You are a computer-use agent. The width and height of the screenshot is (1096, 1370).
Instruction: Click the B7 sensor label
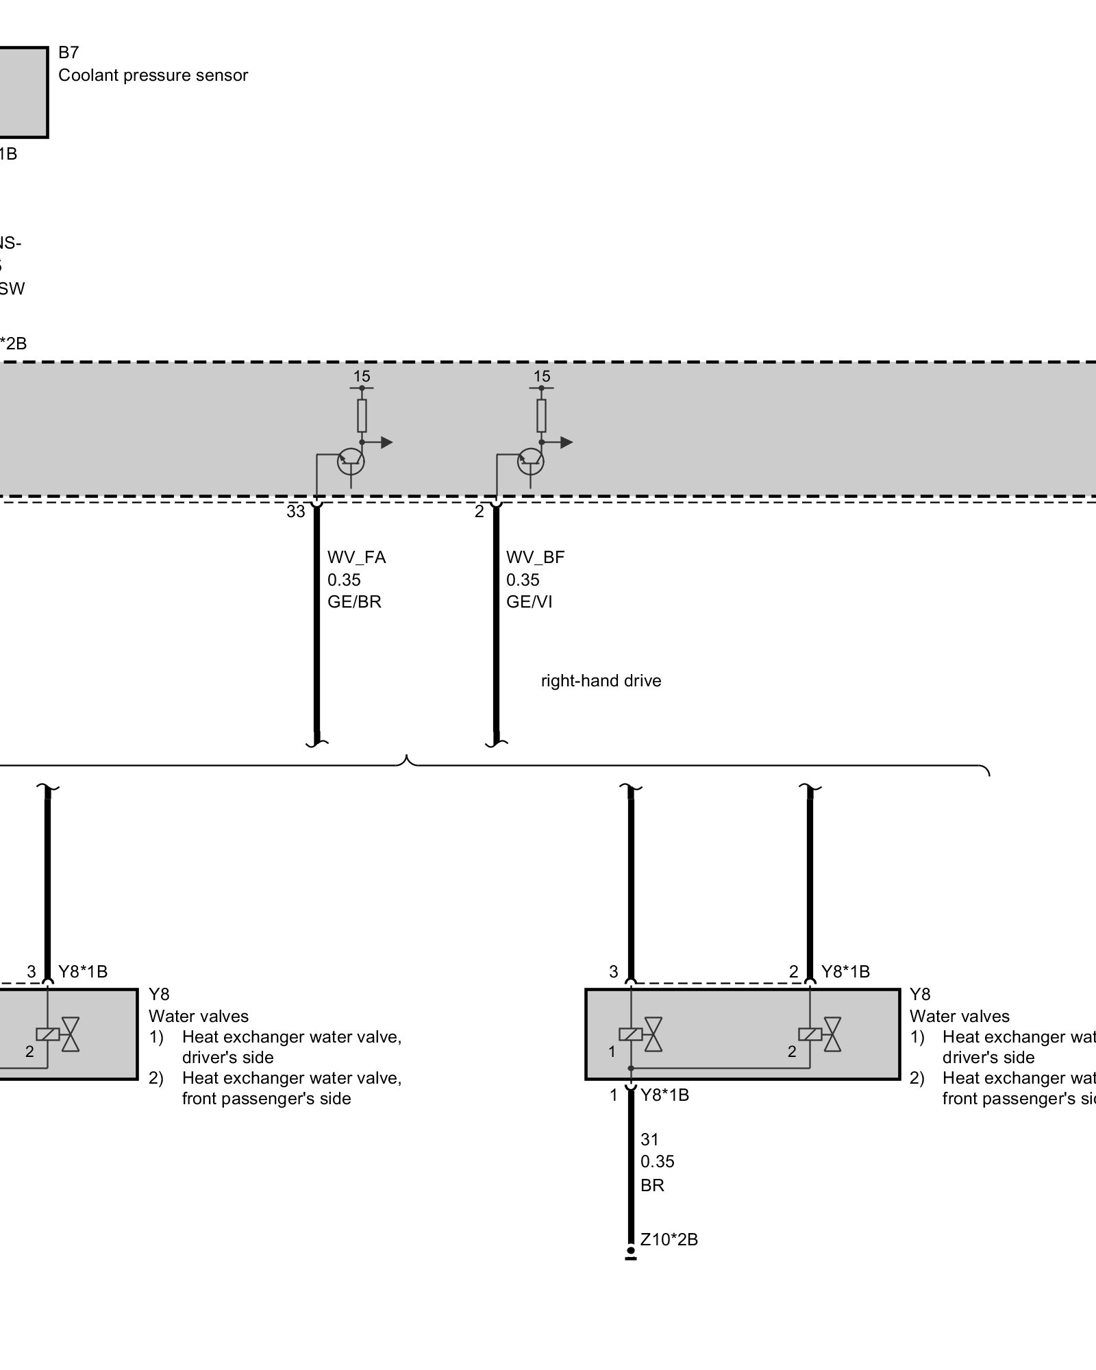(68, 53)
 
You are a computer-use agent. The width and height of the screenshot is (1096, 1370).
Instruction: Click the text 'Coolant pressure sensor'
(153, 75)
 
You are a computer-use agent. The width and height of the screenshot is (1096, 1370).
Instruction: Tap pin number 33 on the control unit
(296, 512)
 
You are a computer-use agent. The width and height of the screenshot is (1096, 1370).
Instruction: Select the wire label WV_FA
(356, 558)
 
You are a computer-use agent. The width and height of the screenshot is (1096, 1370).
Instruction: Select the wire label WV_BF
(535, 558)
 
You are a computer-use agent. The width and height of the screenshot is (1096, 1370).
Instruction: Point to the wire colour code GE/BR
(354, 602)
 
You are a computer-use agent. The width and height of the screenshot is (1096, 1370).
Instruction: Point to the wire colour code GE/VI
(529, 602)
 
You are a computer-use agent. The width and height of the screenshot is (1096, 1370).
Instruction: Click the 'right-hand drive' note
(601, 681)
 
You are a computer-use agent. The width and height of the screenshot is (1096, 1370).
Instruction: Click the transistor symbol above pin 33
(351, 461)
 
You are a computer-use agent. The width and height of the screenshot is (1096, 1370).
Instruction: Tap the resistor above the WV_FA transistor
(362, 415)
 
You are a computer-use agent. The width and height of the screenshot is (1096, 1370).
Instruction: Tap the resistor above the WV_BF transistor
(541, 415)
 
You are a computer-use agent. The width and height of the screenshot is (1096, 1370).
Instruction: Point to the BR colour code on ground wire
(652, 1186)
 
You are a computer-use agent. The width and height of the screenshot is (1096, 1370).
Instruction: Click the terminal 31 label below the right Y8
(649, 1140)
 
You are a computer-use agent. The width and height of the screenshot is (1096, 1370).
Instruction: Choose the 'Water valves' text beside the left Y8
(199, 1017)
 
